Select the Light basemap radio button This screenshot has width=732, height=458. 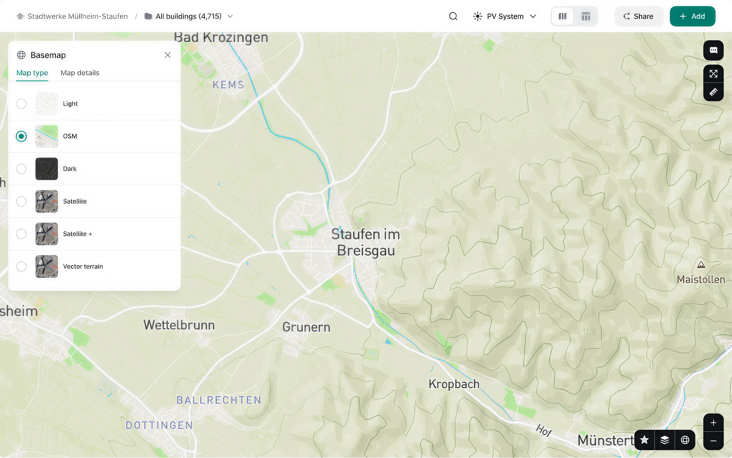pyautogui.click(x=21, y=104)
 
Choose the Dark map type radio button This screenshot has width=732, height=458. pyautogui.click(x=21, y=169)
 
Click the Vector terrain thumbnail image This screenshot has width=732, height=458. pyautogui.click(x=47, y=266)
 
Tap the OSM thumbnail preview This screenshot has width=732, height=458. pyautogui.click(x=47, y=136)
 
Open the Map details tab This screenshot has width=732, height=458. pyautogui.click(x=80, y=73)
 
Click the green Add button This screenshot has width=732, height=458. pyautogui.click(x=692, y=16)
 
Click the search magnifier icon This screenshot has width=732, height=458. pyautogui.click(x=453, y=16)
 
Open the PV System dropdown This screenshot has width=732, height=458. pyautogui.click(x=505, y=16)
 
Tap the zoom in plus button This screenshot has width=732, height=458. pyautogui.click(x=713, y=423)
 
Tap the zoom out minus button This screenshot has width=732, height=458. pyautogui.click(x=713, y=441)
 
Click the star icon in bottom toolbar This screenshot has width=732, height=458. pyautogui.click(x=644, y=440)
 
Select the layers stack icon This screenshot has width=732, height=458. pyautogui.click(x=665, y=440)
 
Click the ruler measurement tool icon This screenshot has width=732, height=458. pyautogui.click(x=713, y=92)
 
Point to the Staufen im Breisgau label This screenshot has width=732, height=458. pyautogui.click(x=366, y=242)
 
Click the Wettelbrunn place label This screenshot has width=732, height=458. pyautogui.click(x=179, y=325)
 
